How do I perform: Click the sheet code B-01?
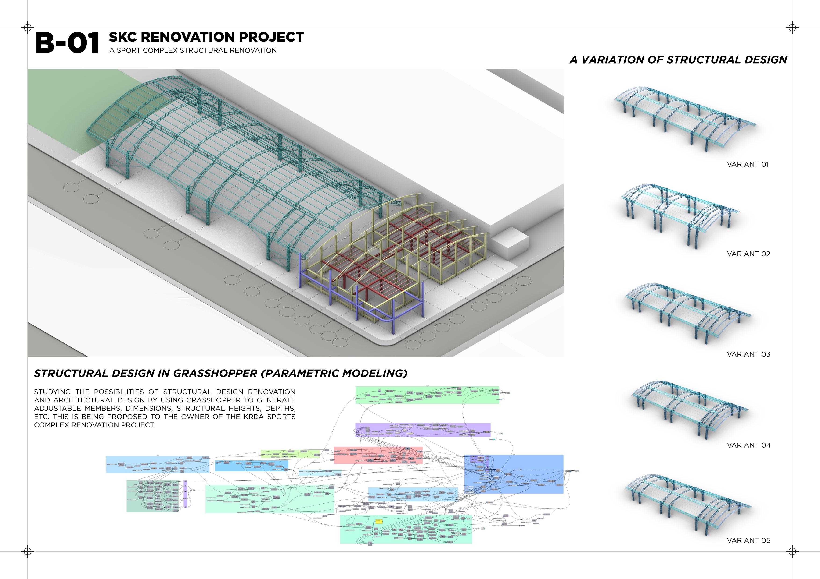coord(67,43)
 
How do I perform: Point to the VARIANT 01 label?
coord(748,164)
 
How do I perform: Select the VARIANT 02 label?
coord(748,254)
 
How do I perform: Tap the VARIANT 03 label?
coord(748,354)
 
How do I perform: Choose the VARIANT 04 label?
coord(748,445)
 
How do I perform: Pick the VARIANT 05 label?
coord(748,540)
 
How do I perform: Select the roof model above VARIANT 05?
coord(687,503)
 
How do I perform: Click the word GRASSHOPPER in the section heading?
coord(215,374)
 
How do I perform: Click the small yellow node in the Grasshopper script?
coord(379,522)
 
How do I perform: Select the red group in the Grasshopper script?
coord(378,455)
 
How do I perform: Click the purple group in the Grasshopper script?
coord(422,430)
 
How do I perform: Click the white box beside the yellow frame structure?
coord(509,243)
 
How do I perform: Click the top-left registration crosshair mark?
coord(28,28)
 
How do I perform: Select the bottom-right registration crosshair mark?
coord(792,551)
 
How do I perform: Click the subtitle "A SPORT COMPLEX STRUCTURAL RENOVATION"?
coord(193,50)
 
